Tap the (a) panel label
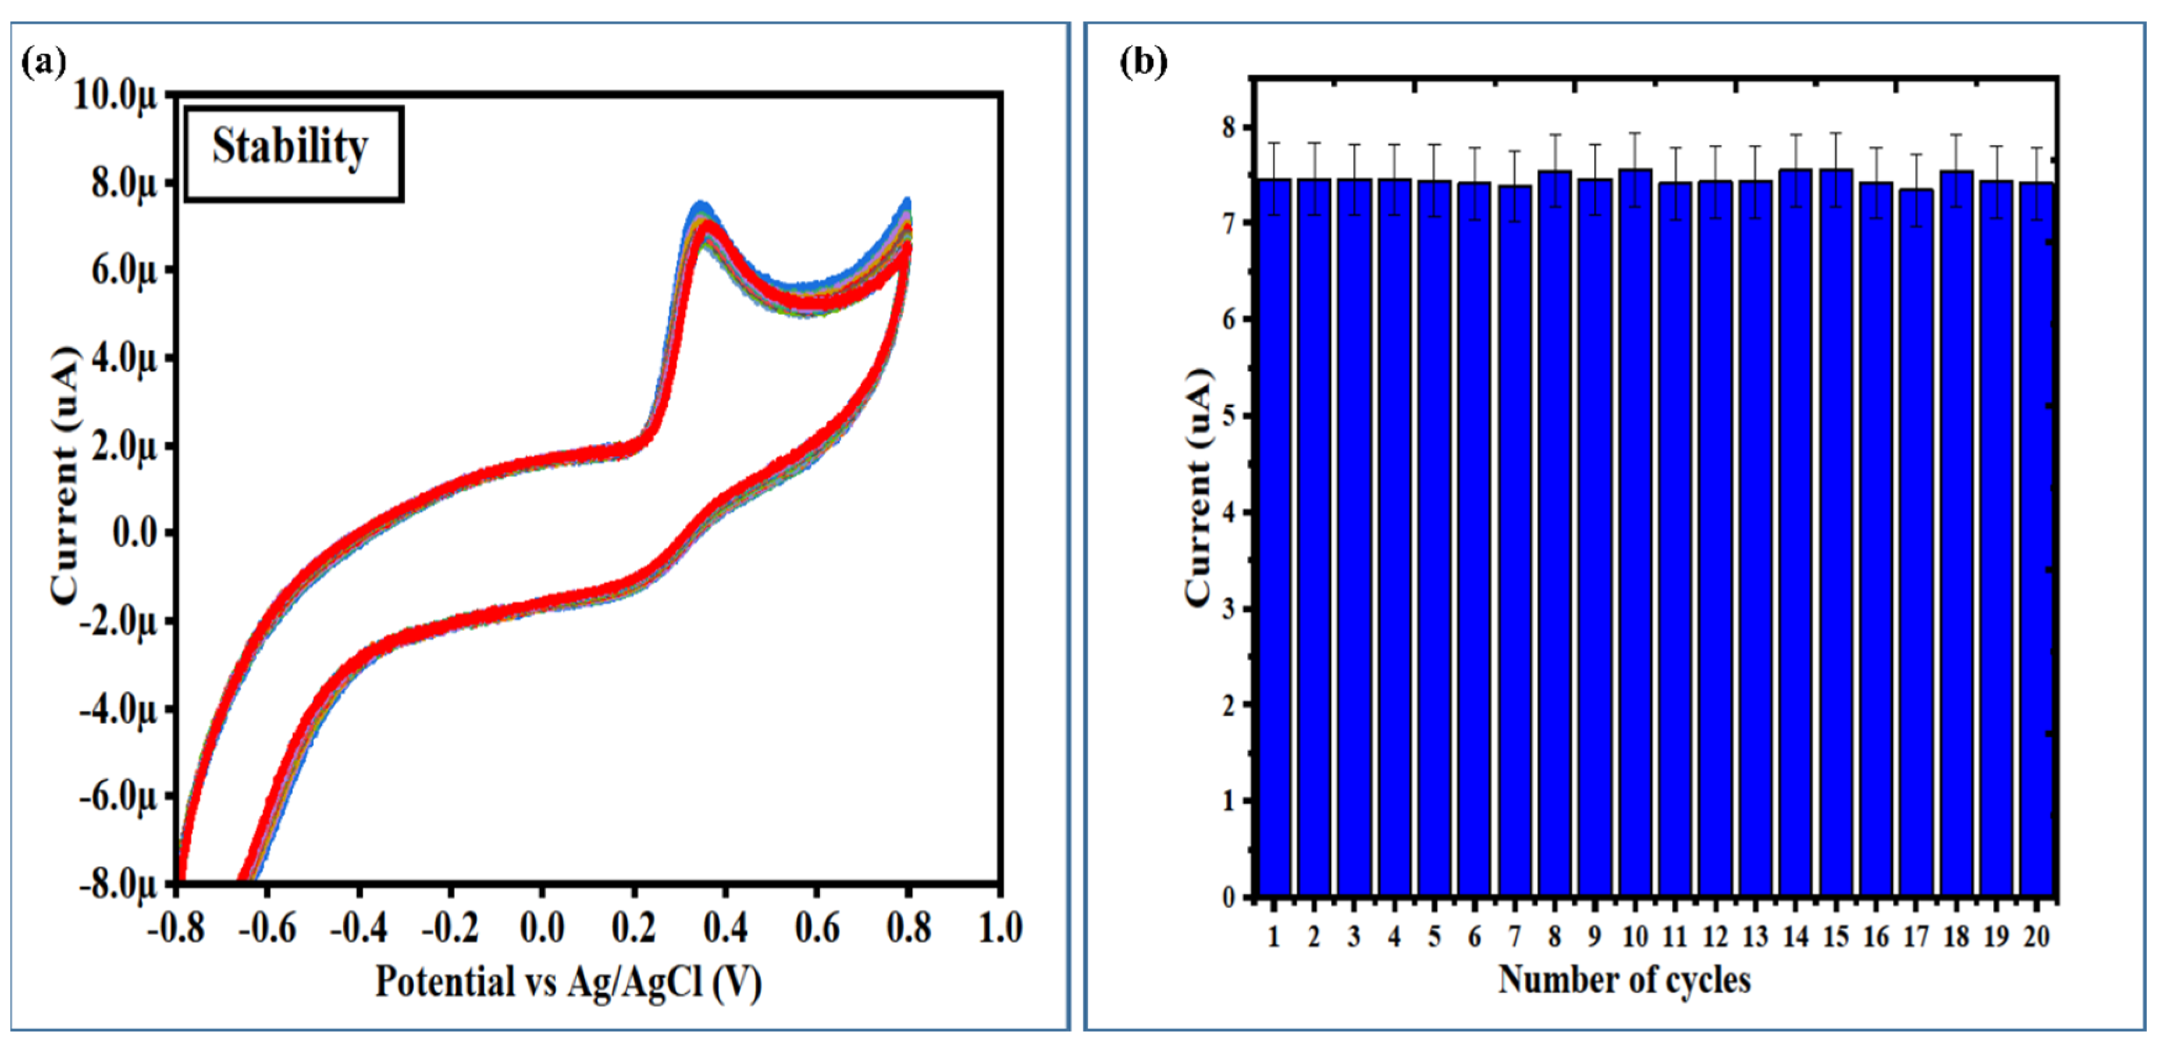click(x=44, y=62)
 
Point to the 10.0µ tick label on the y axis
click(x=116, y=94)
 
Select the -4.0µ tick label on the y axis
click(x=118, y=709)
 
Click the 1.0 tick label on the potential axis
click(x=1000, y=928)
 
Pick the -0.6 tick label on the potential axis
click(x=267, y=928)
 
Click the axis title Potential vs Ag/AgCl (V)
click(x=568, y=981)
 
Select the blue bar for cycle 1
click(x=1273, y=537)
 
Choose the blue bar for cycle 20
click(x=2036, y=541)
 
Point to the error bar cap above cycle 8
click(x=1554, y=135)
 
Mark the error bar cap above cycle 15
click(x=1835, y=133)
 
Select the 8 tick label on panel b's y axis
click(x=1229, y=127)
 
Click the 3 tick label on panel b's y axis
click(x=1229, y=609)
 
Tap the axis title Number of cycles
click(x=1624, y=979)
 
